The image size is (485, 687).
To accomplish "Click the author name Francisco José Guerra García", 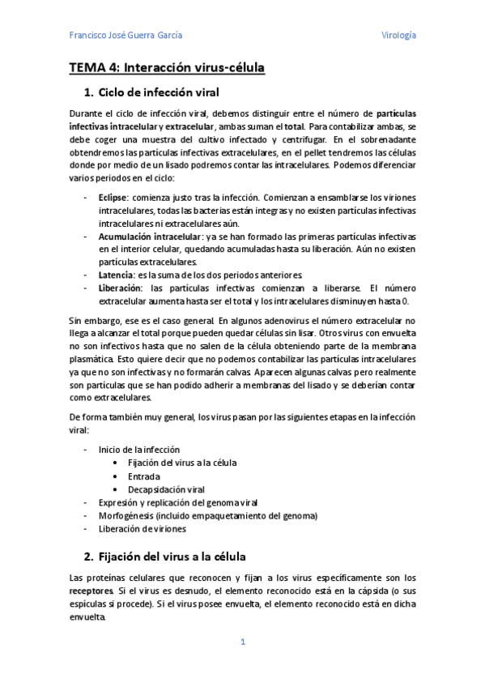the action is coord(126,36).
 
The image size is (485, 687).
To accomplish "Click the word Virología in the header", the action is coord(398,36).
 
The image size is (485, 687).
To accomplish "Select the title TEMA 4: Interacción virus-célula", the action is coord(167,68).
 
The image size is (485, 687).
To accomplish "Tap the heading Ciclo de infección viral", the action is coord(159,92).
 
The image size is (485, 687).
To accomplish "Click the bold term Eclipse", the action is coord(113,198).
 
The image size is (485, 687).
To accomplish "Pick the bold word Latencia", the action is coord(117,275).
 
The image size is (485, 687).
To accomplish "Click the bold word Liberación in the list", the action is coord(120,288).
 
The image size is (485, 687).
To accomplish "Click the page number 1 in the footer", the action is coord(242,642).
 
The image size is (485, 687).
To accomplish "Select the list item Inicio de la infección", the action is coord(139,449).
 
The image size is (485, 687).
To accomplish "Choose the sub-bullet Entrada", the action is coord(144,476).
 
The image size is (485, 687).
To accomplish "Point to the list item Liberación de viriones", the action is coord(143,528).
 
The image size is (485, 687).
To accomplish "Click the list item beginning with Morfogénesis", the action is coord(208,515).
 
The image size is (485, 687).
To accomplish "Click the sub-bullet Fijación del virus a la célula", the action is coord(182,463).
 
